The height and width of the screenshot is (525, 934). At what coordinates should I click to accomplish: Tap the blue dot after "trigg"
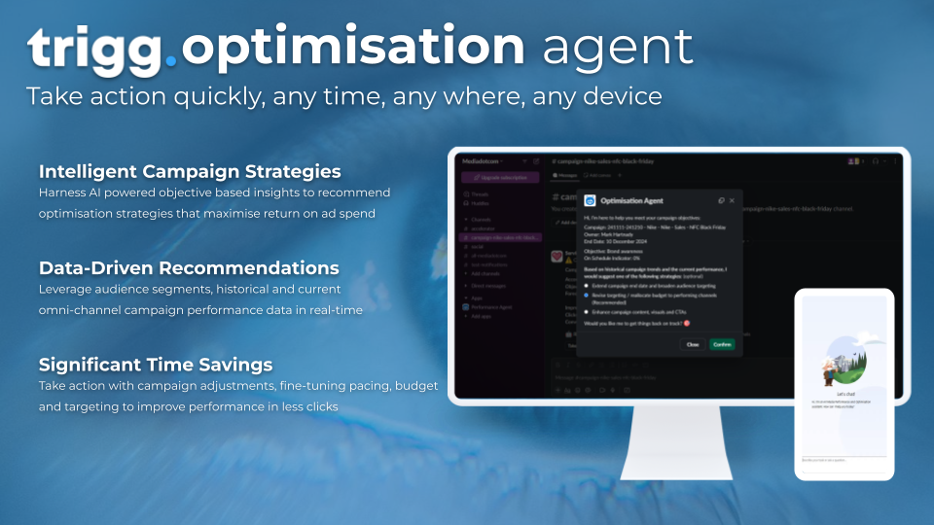[171, 61]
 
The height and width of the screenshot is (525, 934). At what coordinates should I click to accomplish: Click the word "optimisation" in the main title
[352, 47]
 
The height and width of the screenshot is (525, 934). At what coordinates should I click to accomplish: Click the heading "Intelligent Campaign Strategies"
[190, 172]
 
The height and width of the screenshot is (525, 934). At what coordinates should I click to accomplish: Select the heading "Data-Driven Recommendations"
[189, 267]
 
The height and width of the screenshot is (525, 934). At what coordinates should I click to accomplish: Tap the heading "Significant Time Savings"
[156, 364]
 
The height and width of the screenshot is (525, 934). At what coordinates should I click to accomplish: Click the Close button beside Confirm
[693, 344]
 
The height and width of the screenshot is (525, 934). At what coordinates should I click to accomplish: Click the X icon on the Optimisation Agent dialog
[733, 200]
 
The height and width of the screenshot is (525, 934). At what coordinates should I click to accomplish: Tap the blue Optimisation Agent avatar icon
[590, 200]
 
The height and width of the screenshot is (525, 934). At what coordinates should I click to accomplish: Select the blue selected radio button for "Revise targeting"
[586, 295]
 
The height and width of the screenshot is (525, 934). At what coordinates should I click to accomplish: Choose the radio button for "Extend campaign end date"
[586, 286]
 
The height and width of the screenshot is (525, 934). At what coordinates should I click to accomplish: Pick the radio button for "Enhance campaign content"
[586, 311]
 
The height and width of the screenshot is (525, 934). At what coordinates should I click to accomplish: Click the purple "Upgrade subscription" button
[500, 178]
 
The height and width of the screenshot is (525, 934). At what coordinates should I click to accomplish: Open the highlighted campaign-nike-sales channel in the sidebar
[500, 237]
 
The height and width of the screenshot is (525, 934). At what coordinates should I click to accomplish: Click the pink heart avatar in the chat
[557, 257]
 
